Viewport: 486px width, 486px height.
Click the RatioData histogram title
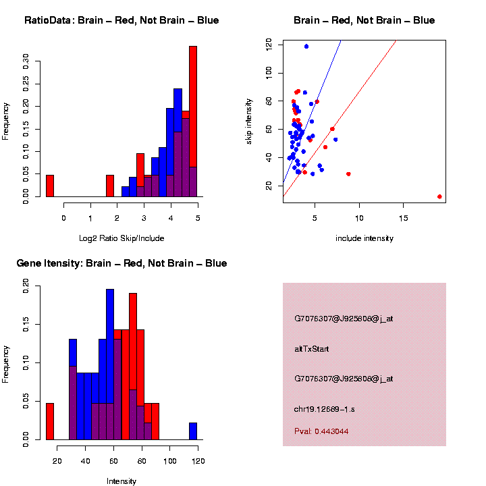pyautogui.click(x=122, y=20)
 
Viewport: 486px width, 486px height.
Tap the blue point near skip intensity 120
pyautogui.click(x=306, y=47)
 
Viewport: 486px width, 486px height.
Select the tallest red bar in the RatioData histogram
pyautogui.click(x=193, y=122)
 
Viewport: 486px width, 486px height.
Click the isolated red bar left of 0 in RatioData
pyautogui.click(x=50, y=186)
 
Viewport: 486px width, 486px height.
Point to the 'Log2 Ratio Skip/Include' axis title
pyautogui.click(x=122, y=238)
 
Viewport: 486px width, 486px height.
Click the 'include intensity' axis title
pyautogui.click(x=364, y=238)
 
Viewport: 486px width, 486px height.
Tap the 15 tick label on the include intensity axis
pyautogui.click(x=403, y=217)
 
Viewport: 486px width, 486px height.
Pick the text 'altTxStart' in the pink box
pyautogui.click(x=311, y=349)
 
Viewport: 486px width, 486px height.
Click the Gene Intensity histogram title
pyautogui.click(x=122, y=263)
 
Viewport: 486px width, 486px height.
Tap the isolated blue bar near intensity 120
pyautogui.click(x=193, y=431)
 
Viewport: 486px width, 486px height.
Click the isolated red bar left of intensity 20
pyautogui.click(x=50, y=421)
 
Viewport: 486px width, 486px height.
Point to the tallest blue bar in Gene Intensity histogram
pyautogui.click(x=109, y=364)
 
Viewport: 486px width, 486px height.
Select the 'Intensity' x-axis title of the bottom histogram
pyautogui.click(x=122, y=481)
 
